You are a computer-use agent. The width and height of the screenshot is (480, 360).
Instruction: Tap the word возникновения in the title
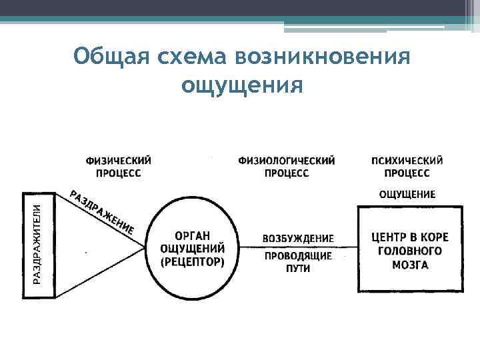pos(318,57)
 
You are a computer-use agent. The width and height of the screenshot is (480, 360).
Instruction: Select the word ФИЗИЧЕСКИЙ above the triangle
pos(118,160)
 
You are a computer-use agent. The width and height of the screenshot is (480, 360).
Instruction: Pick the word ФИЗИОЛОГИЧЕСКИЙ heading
pos(286,160)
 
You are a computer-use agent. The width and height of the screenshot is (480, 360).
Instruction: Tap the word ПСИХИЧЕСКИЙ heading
pos(407,160)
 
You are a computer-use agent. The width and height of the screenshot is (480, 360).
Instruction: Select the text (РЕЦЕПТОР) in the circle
pos(193,261)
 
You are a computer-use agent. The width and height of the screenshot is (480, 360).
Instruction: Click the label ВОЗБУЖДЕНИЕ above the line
pos(298,238)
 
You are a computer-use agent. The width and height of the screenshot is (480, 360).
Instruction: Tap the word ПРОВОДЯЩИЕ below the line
pos(297,256)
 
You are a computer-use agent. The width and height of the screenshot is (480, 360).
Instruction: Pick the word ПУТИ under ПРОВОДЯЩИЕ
pos(297,268)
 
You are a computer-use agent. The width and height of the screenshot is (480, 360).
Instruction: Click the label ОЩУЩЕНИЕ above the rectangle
pos(407,195)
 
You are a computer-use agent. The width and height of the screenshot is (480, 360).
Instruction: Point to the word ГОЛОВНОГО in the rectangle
pos(409,251)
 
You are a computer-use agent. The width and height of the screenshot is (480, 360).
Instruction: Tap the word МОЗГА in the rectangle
pos(409,265)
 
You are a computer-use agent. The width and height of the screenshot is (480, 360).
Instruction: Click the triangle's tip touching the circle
pos(145,247)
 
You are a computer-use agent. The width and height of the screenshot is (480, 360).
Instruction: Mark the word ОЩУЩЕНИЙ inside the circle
pos(193,248)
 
